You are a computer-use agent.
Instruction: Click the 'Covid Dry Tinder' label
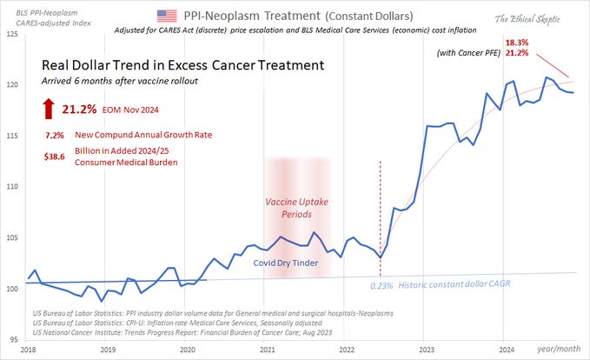click(286, 262)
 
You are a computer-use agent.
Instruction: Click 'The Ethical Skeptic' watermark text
click(533, 18)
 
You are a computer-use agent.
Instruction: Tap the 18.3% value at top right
click(516, 43)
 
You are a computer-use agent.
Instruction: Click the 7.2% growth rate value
click(56, 137)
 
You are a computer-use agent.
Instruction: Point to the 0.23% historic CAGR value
click(381, 285)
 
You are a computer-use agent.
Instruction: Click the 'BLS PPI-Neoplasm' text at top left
click(40, 6)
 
